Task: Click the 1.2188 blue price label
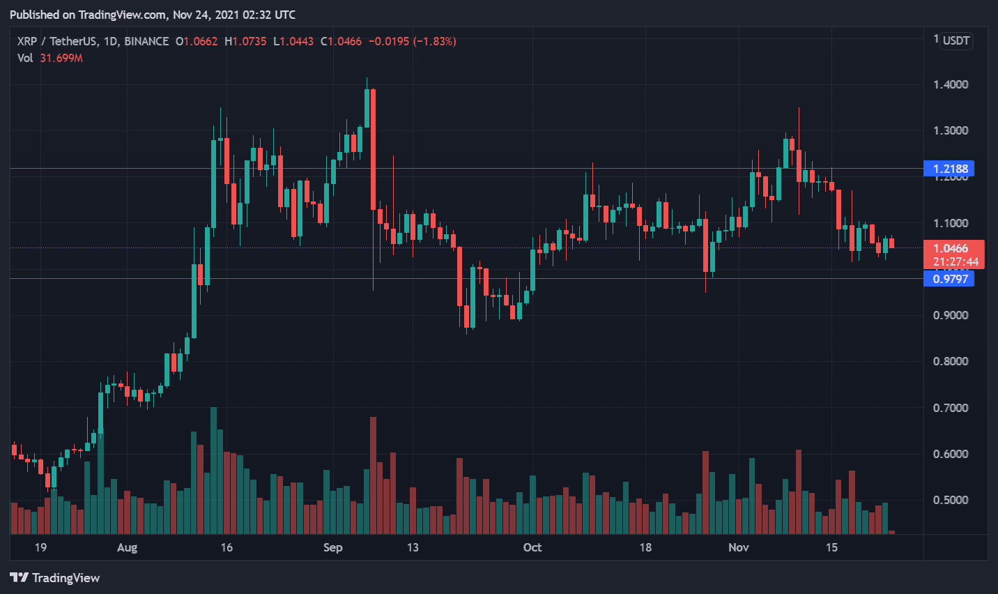(x=949, y=169)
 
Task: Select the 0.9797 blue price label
(x=949, y=279)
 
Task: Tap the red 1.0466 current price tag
(x=953, y=248)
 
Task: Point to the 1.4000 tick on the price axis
(x=951, y=84)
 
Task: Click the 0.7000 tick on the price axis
(x=951, y=408)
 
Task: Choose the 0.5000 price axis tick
(x=951, y=500)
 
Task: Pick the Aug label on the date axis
(x=127, y=547)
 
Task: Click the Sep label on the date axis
(x=332, y=547)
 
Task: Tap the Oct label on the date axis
(x=532, y=547)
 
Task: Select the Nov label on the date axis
(x=738, y=547)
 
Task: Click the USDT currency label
(x=956, y=40)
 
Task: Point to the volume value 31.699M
(x=61, y=58)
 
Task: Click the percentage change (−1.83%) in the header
(x=435, y=41)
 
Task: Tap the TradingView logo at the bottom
(x=55, y=578)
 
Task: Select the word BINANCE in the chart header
(x=146, y=41)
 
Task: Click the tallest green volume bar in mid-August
(x=213, y=471)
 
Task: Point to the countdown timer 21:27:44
(x=955, y=262)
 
